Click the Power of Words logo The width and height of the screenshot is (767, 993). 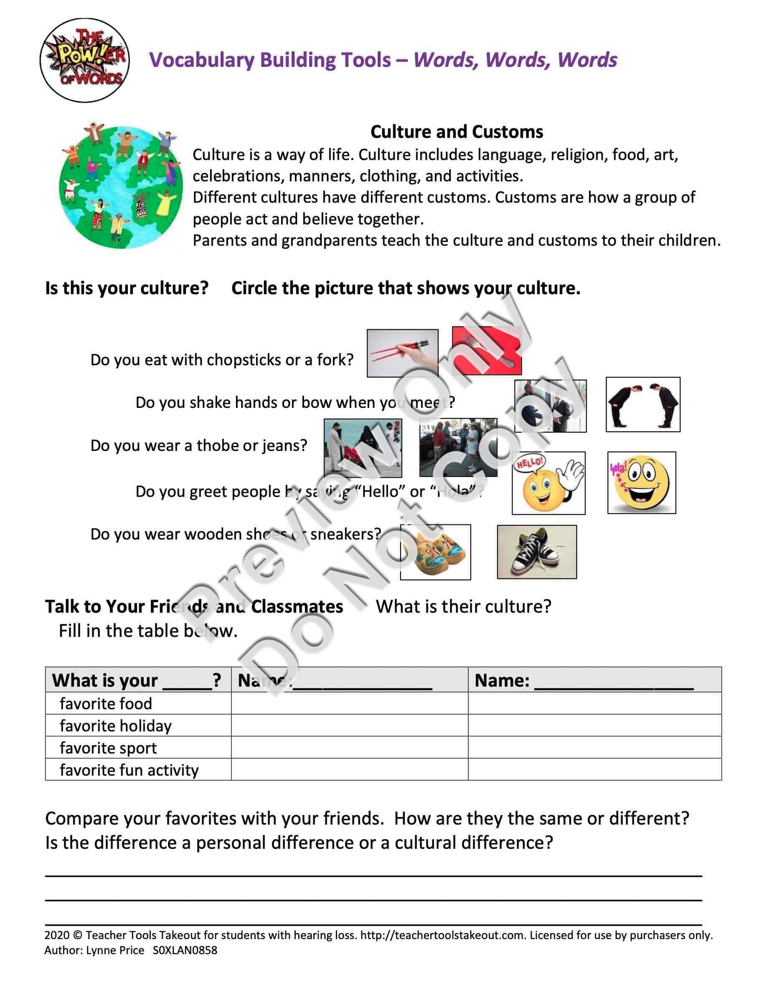click(84, 61)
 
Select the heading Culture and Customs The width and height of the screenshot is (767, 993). click(456, 132)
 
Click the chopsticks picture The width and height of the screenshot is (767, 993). click(402, 353)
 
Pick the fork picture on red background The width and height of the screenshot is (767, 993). click(487, 350)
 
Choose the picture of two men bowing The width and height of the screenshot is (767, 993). click(643, 404)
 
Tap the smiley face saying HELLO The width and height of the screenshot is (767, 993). click(548, 483)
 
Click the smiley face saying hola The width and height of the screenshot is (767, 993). click(641, 482)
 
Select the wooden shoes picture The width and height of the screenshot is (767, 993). click(435, 552)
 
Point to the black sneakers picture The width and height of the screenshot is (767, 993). click(537, 552)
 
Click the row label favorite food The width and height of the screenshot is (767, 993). click(106, 703)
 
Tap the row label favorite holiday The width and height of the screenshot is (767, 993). click(115, 726)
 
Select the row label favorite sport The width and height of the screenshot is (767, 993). click(108, 748)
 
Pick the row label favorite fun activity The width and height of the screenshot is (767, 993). click(129, 770)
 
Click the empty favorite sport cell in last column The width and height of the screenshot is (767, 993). click(594, 748)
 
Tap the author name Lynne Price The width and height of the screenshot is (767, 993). click(115, 950)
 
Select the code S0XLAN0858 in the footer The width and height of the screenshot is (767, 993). click(185, 950)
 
